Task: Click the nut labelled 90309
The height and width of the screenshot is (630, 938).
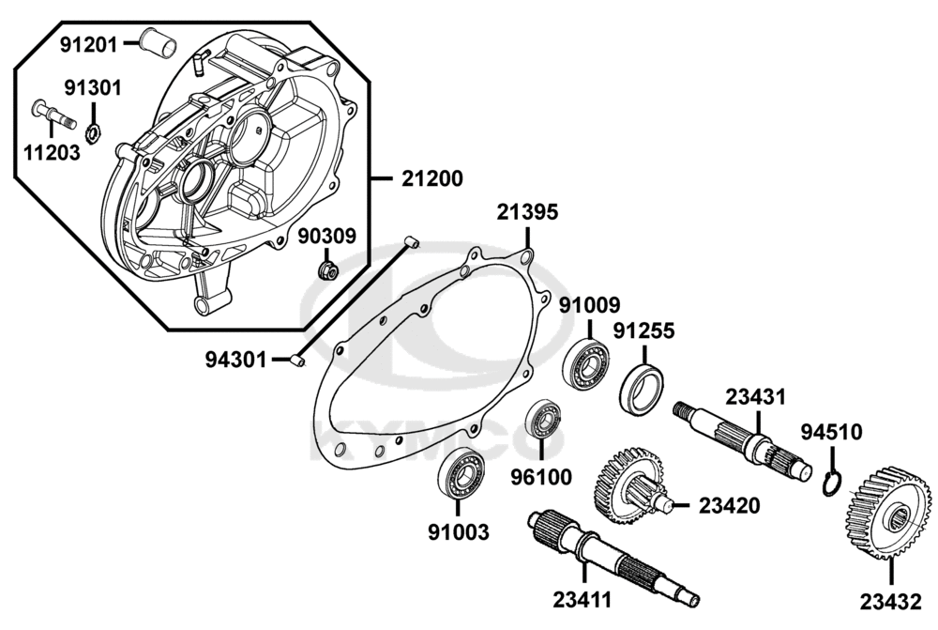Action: point(327,271)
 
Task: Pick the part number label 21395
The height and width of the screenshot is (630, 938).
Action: point(527,213)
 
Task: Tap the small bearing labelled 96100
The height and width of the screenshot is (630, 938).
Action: point(543,420)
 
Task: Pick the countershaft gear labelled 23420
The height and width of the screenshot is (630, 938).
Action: point(628,483)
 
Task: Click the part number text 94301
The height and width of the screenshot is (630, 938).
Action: point(235,359)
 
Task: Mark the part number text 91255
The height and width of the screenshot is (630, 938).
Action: point(644,331)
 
